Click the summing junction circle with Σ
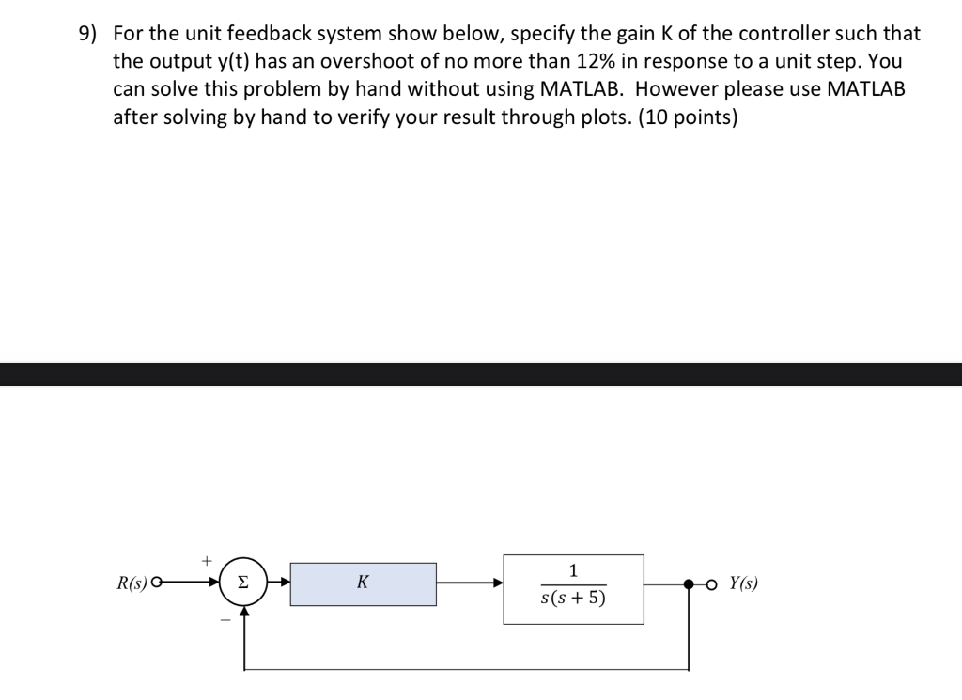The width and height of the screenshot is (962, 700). (x=243, y=583)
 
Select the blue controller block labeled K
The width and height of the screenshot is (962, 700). (x=363, y=583)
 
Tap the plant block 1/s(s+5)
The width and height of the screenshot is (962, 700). (x=573, y=588)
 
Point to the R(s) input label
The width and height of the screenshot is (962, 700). (x=132, y=583)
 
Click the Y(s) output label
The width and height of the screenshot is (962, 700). (x=741, y=583)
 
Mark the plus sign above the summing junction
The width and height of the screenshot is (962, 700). (x=206, y=560)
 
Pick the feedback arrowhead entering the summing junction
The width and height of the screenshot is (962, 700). (x=244, y=612)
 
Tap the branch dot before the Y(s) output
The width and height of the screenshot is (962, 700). (x=691, y=583)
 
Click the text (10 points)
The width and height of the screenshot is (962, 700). (x=688, y=118)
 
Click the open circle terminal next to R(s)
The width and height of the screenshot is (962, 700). (x=156, y=583)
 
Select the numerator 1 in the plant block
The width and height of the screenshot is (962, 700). (x=573, y=570)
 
